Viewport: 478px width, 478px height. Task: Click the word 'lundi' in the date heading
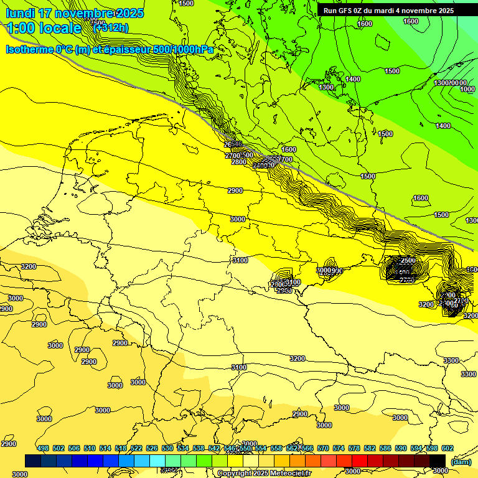coord(21,13)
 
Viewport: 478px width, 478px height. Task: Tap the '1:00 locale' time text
coord(44,28)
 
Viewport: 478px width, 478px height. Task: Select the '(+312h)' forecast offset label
coord(110,27)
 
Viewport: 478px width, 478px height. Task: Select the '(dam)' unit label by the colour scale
coord(460,461)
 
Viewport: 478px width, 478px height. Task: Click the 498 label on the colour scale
coord(43,448)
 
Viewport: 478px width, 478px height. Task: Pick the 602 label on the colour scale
coord(448,448)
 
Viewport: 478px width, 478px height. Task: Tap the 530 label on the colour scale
coord(167,448)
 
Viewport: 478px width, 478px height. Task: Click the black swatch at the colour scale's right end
coord(438,461)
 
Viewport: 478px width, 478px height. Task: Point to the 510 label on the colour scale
coord(90,448)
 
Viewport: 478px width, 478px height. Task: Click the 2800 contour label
coord(239,162)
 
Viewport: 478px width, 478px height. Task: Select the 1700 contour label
coord(284,159)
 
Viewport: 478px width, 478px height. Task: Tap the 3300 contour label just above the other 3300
coord(451,360)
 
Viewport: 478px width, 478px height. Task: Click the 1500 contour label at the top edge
coord(186,3)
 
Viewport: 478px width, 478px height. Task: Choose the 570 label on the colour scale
coord(323,448)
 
